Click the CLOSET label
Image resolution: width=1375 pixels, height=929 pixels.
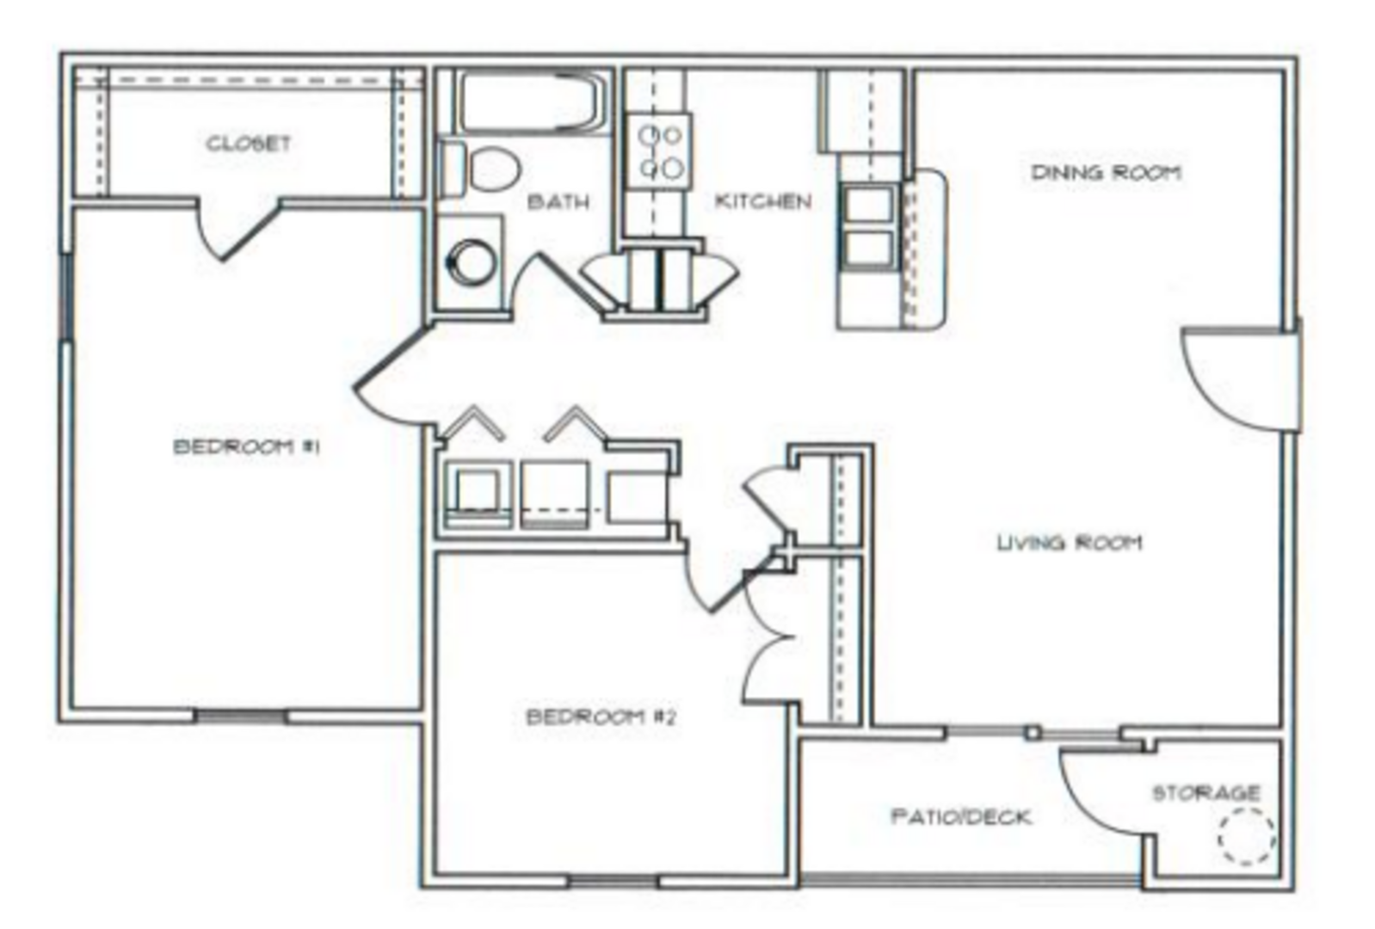248,144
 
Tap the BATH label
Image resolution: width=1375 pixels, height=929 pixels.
558,201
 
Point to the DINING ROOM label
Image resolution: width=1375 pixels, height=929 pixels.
1107,172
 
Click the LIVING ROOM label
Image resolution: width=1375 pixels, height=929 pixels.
1070,543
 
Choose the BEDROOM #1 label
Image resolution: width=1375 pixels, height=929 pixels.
247,446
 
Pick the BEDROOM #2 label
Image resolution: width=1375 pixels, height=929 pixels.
601,716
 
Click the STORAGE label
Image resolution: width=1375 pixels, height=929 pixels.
1207,793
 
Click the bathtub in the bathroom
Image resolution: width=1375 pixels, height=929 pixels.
529,102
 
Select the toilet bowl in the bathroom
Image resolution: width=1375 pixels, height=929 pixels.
495,169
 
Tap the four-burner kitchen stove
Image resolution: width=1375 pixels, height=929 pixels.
659,151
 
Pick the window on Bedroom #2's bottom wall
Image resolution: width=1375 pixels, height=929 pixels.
614,882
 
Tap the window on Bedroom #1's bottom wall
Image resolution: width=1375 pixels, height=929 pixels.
241,716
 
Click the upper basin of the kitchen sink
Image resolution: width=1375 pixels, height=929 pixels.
868,205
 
